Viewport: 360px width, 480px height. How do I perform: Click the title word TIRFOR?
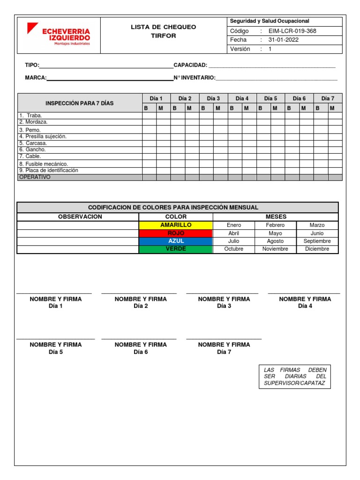[164, 36]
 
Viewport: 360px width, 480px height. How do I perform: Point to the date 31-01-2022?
[283, 40]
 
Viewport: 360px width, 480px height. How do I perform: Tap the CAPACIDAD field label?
[190, 65]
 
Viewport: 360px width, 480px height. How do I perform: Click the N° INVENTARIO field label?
[195, 77]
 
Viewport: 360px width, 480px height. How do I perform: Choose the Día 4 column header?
[242, 98]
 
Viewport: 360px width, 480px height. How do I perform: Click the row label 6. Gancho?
[33, 150]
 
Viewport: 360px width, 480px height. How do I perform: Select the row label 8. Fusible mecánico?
[44, 164]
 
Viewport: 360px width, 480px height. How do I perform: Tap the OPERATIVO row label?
[35, 177]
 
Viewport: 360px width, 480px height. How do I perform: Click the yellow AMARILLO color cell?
[176, 225]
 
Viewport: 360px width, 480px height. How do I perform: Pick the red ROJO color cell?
[176, 233]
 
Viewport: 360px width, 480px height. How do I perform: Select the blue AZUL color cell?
[176, 241]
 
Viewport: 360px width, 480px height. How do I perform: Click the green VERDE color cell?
[176, 249]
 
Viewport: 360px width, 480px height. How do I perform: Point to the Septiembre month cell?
[317, 241]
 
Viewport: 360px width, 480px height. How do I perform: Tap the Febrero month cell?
[275, 225]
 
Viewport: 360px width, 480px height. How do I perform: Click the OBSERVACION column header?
[80, 217]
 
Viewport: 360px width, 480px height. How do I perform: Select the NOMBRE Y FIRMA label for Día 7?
[224, 345]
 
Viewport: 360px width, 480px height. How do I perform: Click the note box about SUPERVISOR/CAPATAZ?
[295, 377]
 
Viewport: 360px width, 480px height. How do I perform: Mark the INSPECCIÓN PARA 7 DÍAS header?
[79, 103]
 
